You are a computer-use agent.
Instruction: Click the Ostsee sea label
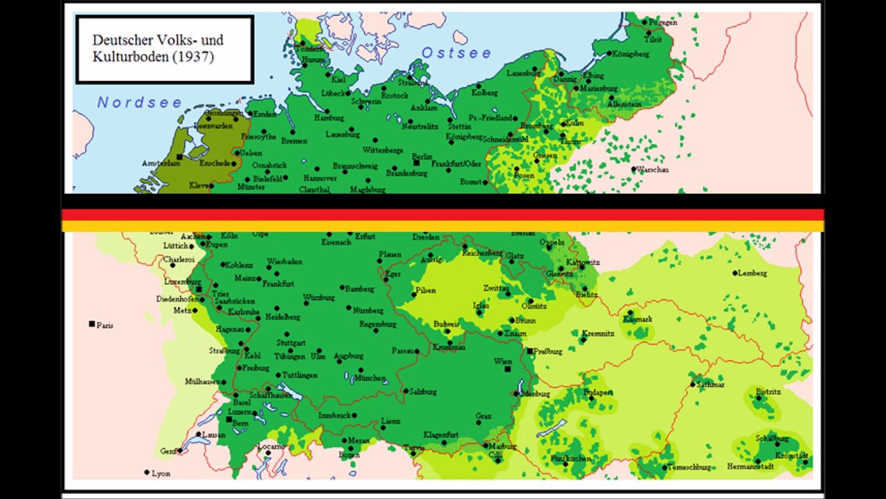pos(457,53)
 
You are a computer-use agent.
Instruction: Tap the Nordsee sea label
pos(139,103)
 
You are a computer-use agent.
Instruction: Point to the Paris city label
pos(105,324)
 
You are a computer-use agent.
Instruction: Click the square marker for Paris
pos(91,324)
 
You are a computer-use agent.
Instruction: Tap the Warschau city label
pos(653,169)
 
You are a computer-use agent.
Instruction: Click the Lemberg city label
pos(753,273)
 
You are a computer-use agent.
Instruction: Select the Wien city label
pos(503,361)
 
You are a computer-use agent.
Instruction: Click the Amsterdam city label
pos(160,163)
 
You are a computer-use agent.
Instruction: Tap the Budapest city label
pos(599,392)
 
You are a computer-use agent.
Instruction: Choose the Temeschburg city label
pos(690,468)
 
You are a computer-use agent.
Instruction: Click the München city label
pos(372,378)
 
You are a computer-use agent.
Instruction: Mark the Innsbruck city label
pos(335,416)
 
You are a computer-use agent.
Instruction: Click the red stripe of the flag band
pos(443,215)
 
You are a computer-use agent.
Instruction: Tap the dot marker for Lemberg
pos(735,273)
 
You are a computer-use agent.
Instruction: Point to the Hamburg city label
pos(329,118)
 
